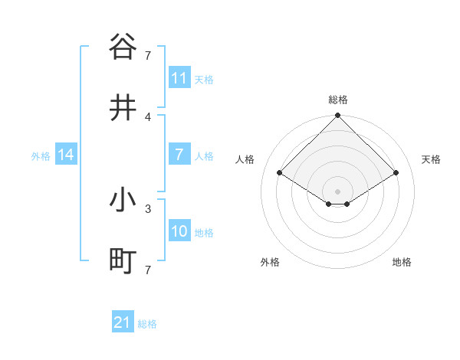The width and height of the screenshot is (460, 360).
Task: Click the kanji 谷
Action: click(123, 47)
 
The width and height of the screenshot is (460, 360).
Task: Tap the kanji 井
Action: click(123, 108)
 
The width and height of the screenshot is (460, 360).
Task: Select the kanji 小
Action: click(123, 201)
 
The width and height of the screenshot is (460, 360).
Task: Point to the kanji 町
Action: click(123, 262)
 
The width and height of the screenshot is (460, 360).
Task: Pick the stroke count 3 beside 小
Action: click(148, 208)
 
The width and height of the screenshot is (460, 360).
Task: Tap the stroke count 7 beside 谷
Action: click(148, 55)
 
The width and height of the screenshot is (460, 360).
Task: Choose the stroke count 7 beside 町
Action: click(148, 270)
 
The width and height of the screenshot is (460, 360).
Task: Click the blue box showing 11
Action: click(179, 78)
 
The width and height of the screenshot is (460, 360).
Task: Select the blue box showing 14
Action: click(66, 155)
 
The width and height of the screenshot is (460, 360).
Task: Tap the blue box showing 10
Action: click(179, 231)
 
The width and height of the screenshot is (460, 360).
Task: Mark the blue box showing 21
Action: click(123, 323)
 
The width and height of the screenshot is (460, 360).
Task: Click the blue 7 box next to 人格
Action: click(179, 155)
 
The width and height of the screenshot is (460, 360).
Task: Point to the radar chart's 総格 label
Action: click(338, 100)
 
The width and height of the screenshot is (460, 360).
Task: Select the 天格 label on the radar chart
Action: click(432, 159)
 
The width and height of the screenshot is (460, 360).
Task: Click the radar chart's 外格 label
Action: click(270, 262)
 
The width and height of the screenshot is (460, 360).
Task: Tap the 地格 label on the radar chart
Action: click(402, 262)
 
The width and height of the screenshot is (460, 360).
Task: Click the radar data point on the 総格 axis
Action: click(338, 116)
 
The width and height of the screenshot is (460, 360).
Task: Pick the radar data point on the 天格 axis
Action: click(396, 173)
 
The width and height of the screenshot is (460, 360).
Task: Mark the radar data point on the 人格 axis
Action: click(280, 173)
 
